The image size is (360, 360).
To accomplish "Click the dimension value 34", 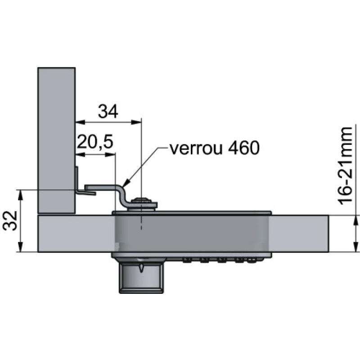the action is pos(108,112).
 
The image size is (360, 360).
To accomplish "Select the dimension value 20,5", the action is pos(95,142).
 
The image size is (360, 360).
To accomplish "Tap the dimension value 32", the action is pos(10,220).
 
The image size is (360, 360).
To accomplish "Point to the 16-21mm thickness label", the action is pos(345,166).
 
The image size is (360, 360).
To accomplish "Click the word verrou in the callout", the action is pos(196,148).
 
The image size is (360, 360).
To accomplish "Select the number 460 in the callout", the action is pos(243,148).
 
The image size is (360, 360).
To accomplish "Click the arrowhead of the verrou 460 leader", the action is pos(126,183).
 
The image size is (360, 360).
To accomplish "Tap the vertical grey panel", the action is pos(57,140).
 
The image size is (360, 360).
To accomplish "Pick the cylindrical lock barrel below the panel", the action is pos(141,278).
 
